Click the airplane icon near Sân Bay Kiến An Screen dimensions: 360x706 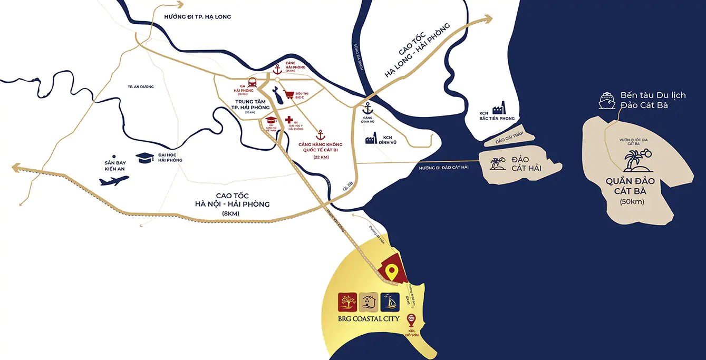point(114,180)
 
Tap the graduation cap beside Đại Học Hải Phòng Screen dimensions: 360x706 point(145,157)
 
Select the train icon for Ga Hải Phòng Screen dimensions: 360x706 point(253,83)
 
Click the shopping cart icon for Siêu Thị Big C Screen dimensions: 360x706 point(289,96)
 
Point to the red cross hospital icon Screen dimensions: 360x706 point(288,120)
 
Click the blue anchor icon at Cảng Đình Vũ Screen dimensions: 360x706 point(367,108)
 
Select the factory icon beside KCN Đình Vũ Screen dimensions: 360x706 point(370,139)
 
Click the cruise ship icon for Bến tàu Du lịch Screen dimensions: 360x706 point(607,101)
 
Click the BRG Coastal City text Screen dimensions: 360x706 point(369,318)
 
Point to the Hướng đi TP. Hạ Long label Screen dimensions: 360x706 point(197,17)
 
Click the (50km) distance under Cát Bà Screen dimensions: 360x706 point(632,201)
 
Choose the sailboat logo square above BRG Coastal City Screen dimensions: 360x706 point(390,302)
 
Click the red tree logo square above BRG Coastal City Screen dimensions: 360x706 point(348,302)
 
